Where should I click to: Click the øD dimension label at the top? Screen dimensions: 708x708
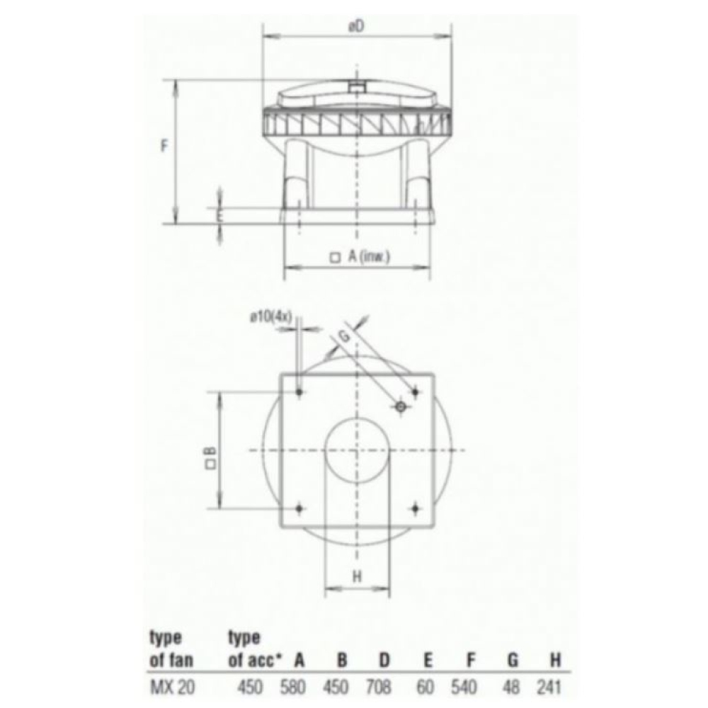click(x=356, y=27)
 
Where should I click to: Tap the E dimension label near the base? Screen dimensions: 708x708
click(x=219, y=216)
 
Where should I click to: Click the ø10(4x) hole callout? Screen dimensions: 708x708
click(x=271, y=316)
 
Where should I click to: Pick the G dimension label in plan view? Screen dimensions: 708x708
click(x=344, y=336)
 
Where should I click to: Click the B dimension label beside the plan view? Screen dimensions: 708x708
click(x=210, y=457)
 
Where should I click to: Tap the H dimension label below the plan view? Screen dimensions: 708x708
click(x=357, y=576)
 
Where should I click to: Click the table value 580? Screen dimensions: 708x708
click(x=292, y=687)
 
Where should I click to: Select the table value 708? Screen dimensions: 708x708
click(x=378, y=687)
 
